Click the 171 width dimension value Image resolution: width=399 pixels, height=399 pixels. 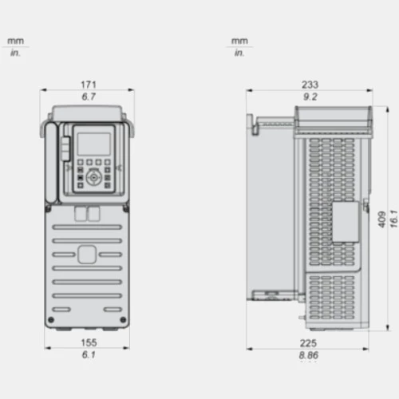click(89, 85)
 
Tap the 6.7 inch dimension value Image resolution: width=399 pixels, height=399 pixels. click(89, 97)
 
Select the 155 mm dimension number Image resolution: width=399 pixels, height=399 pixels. click(89, 342)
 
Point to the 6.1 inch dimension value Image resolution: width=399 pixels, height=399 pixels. click(89, 354)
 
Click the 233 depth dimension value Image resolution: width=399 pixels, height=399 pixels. click(310, 85)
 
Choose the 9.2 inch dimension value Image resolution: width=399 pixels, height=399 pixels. click(310, 97)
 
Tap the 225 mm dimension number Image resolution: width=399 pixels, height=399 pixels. click(308, 343)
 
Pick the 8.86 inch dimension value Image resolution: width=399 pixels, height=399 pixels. click(309, 355)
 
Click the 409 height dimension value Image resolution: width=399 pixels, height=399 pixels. click(382, 219)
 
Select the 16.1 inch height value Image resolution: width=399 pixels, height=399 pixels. click(393, 219)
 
